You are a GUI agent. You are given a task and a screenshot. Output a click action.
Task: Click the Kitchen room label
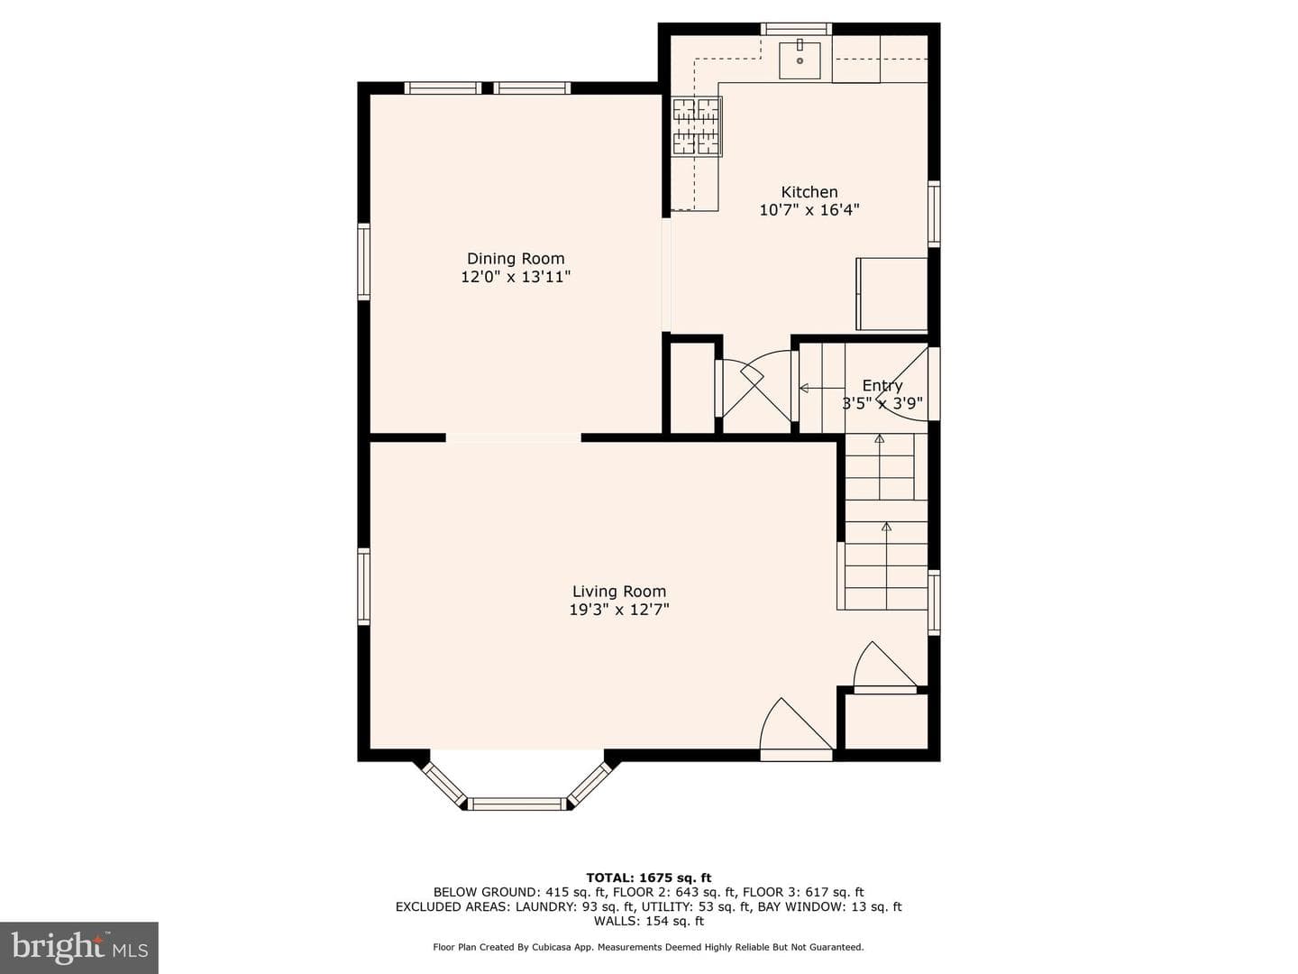tap(809, 192)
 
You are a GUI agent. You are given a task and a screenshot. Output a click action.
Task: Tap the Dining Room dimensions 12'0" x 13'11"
tap(516, 277)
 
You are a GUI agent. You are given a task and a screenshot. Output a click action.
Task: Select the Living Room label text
tap(618, 592)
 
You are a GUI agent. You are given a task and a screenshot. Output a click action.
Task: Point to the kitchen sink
tap(800, 60)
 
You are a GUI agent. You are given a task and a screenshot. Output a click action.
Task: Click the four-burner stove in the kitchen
tap(695, 126)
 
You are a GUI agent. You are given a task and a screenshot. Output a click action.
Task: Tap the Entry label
tap(882, 386)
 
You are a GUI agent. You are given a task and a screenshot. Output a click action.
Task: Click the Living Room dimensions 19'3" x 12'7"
tap(619, 610)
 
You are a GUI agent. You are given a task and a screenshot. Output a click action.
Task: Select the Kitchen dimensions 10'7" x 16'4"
tap(809, 210)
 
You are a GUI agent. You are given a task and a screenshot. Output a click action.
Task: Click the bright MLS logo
tap(79, 948)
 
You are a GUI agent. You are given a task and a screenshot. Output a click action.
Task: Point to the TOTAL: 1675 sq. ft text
tap(649, 878)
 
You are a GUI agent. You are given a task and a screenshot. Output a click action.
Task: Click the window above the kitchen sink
tap(795, 28)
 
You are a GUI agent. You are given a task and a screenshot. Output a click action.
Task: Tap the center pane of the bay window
tap(517, 803)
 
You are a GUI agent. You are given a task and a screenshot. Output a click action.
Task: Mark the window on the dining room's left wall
tap(363, 262)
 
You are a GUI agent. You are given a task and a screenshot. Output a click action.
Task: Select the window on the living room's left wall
tap(363, 586)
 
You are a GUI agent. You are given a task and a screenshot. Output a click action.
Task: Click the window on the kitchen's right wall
tap(934, 214)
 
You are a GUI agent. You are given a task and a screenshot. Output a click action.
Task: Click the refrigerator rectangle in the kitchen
tap(891, 294)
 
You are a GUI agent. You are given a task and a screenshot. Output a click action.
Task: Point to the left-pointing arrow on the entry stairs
tap(822, 389)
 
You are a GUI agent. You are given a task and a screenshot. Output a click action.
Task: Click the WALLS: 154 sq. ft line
tap(649, 921)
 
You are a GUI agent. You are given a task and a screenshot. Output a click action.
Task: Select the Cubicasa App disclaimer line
tap(648, 947)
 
